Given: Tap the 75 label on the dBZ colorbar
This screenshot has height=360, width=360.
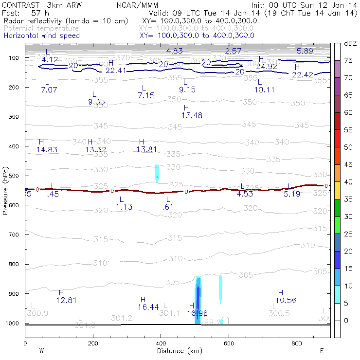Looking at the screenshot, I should [x=348, y=60].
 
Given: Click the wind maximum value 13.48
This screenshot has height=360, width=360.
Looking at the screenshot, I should [x=192, y=115].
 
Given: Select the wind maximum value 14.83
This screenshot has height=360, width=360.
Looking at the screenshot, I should [x=47, y=149].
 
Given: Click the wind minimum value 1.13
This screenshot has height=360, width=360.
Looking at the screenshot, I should [x=124, y=207].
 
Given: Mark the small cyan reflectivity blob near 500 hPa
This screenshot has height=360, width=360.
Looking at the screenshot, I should [x=157, y=173].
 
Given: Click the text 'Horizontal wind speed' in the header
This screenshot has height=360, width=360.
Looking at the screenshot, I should [x=42, y=36].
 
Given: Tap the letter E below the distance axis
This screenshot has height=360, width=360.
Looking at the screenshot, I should [x=322, y=350].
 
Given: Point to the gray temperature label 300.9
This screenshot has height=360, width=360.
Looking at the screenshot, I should [x=39, y=313].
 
